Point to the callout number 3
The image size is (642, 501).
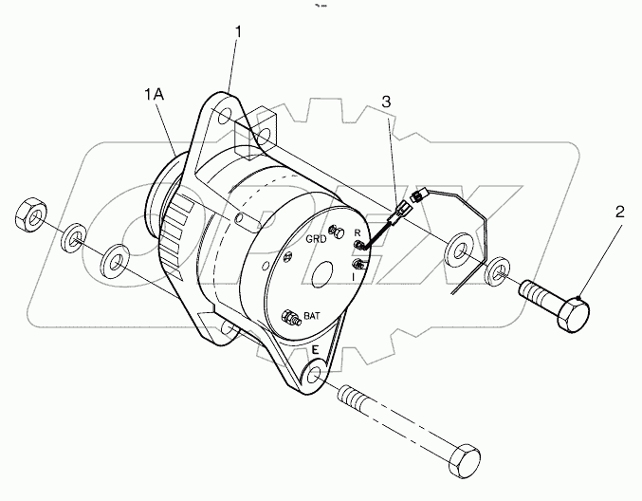point(386,100)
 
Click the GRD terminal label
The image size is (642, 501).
point(317,240)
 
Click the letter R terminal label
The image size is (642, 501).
point(357,232)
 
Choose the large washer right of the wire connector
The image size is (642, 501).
point(462,249)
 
